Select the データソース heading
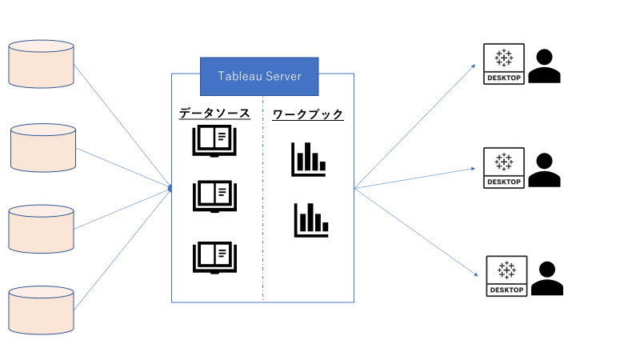click(x=214, y=114)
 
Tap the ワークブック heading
click(x=308, y=114)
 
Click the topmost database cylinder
click(x=41, y=64)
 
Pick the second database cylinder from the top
click(x=44, y=147)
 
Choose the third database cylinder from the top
click(x=41, y=229)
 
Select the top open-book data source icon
click(x=214, y=142)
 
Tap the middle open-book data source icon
click(x=214, y=196)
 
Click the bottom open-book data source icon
click(x=214, y=257)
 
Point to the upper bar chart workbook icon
click(x=309, y=158)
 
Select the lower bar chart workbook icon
click(x=311, y=219)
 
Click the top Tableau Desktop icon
click(x=504, y=64)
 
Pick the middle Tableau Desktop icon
click(x=504, y=168)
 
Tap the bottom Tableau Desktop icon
click(x=506, y=276)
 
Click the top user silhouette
click(x=545, y=66)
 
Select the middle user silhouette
click(x=545, y=170)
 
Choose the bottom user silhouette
click(x=548, y=278)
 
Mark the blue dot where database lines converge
click(x=170, y=188)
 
